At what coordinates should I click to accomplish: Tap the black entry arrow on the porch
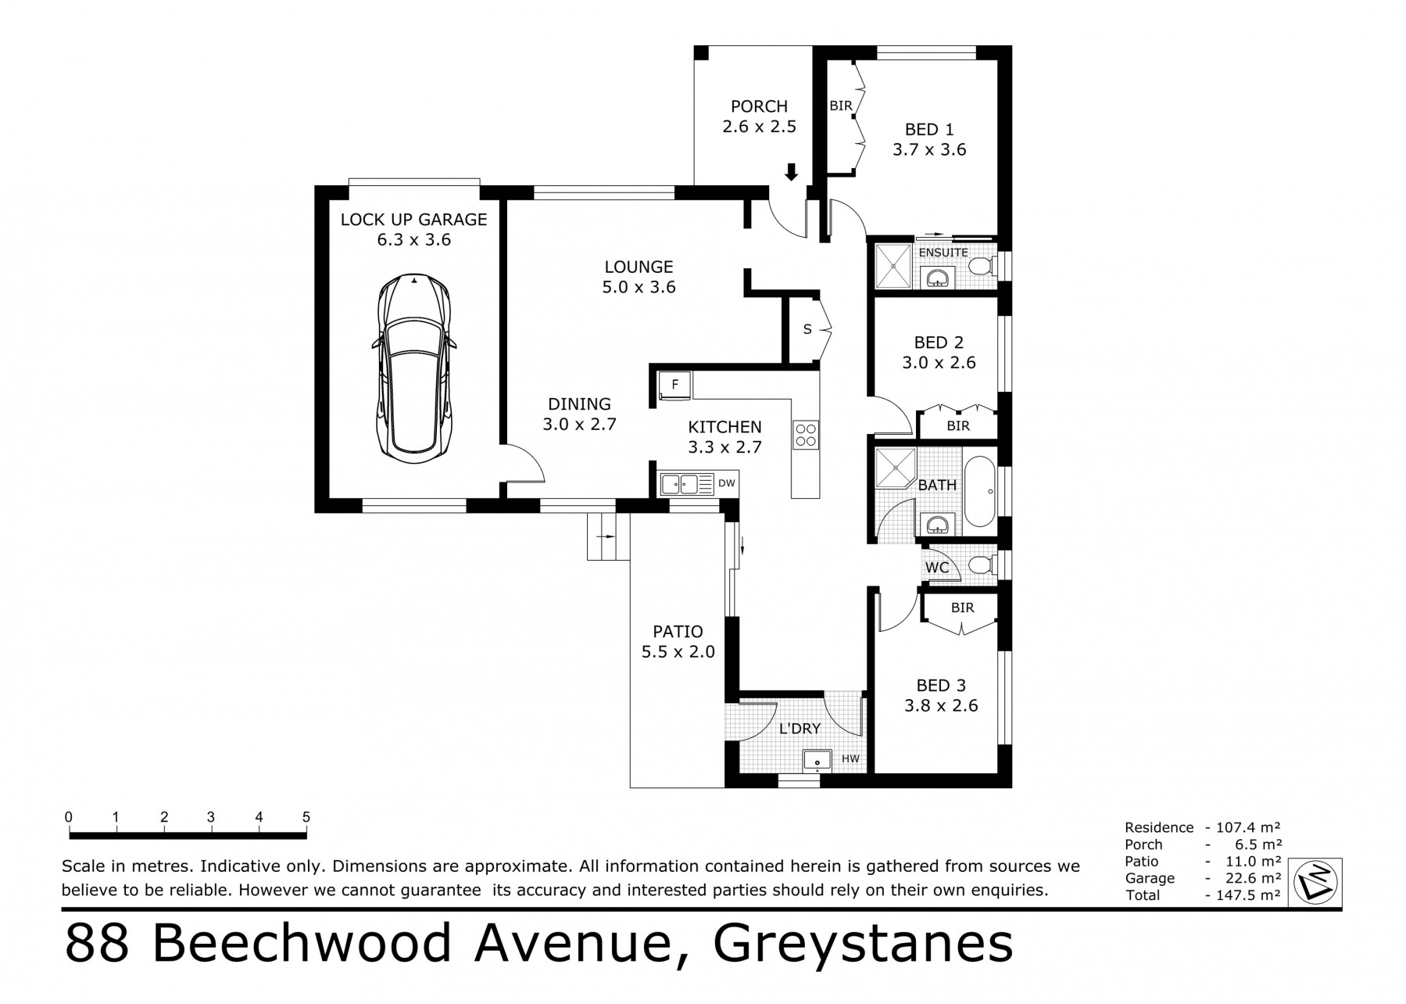pos(791,172)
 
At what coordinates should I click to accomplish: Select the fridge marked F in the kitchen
pos(674,385)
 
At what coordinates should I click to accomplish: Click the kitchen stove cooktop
pos(806,435)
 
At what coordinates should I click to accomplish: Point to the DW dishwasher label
pos(727,483)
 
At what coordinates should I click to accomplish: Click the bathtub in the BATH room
pos(980,490)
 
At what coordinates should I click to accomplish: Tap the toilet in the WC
pos(981,565)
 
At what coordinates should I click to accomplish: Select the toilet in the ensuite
pos(982,267)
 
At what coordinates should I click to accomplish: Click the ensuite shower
pos(893,267)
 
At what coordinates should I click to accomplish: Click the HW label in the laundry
pos(850,758)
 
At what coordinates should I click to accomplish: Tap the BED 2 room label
pos(939,342)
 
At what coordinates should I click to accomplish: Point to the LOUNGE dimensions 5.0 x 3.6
pos(639,287)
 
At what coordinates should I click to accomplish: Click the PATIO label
pos(678,631)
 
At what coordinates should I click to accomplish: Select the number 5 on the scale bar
pos(306,817)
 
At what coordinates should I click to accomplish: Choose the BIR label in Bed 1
pos(841,106)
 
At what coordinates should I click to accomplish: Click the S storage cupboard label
pos(807,329)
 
